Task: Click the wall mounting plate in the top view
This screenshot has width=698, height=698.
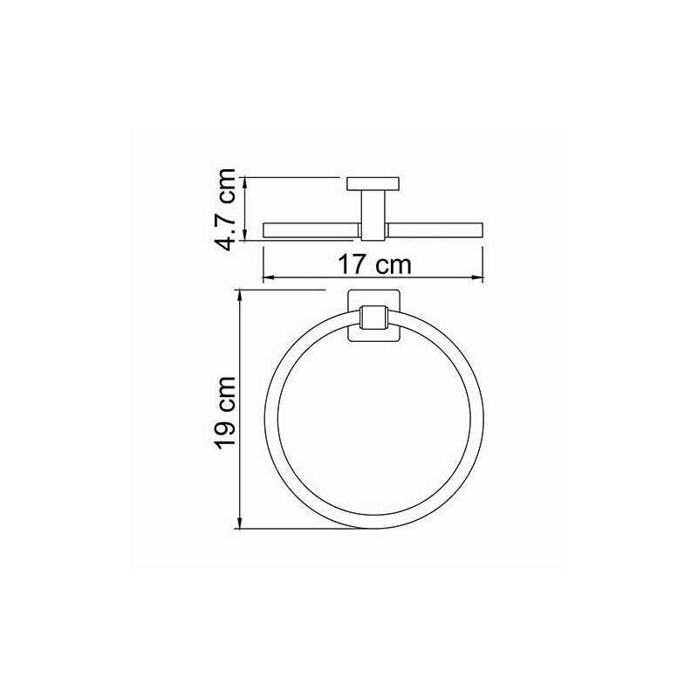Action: (373, 183)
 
